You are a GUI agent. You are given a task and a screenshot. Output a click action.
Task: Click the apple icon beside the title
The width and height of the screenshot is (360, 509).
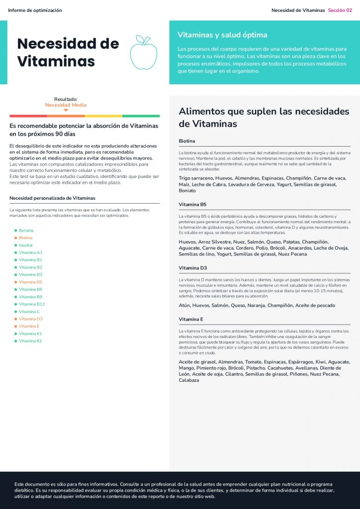[x=143, y=52]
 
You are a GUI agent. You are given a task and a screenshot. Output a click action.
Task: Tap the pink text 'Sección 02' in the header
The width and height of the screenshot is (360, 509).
[x=340, y=10]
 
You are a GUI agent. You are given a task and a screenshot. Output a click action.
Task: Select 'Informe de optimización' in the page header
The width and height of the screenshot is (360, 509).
[x=35, y=10]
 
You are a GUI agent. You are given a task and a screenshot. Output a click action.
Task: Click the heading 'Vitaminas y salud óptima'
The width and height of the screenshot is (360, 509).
[x=222, y=35]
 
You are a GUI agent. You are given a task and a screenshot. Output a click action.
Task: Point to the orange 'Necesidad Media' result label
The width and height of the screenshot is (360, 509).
[x=66, y=105]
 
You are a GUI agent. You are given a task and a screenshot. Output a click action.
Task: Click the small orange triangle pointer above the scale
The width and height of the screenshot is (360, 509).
[x=66, y=110]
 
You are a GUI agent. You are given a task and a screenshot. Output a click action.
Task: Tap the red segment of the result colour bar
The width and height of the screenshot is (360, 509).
[x=28, y=116]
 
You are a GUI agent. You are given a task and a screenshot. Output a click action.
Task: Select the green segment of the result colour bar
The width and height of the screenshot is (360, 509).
[x=141, y=116]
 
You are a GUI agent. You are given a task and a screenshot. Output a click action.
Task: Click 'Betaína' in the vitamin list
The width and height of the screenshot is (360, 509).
[x=26, y=231]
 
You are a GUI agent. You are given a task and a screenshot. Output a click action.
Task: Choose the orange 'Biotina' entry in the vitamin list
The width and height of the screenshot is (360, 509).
[x=26, y=238]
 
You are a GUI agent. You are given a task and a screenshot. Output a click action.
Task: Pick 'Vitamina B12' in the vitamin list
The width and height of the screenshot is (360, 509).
[x=32, y=304]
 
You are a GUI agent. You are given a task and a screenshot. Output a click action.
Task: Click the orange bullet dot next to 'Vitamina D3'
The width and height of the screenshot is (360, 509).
[x=15, y=319]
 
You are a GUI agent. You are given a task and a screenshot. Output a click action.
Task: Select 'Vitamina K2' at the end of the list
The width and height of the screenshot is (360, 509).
[x=30, y=341]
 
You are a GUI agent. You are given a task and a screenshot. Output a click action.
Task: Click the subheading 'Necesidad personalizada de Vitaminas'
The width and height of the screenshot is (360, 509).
[x=52, y=198]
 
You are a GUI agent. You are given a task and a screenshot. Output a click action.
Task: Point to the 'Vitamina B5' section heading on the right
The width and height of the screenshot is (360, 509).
[x=192, y=204]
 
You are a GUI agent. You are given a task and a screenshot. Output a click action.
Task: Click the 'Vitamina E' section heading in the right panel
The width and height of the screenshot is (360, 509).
[x=191, y=319]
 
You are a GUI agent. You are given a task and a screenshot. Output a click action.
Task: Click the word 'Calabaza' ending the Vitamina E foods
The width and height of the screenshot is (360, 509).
[x=189, y=380]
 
